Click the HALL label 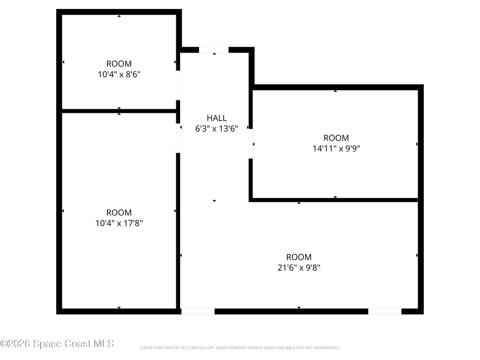coord(217,118)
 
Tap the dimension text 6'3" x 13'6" coord(217,129)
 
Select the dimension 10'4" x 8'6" coord(119,74)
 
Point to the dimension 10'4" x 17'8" coord(119,223)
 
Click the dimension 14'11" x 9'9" coord(336,149)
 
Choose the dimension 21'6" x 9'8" coord(299,268)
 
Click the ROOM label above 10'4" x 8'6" coord(119,64)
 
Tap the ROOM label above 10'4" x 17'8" coord(119,212)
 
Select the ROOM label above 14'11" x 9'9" coord(336,138)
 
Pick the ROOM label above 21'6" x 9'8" coord(299,257)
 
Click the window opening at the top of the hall coord(214,50)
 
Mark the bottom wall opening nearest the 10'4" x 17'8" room coord(198,311)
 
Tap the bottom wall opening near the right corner coord(384,311)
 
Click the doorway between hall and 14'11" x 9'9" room coord(251,144)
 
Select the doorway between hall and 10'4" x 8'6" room coord(178,85)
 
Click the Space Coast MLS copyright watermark coord(57,344)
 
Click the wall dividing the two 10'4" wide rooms coord(119,111)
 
